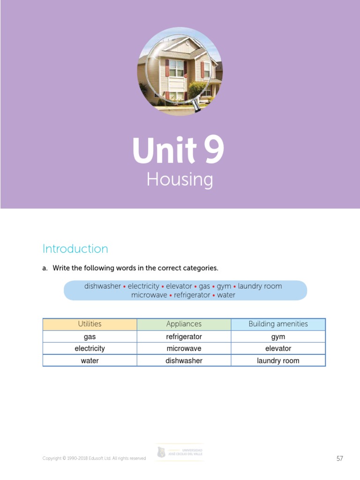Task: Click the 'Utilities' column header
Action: pyautogui.click(x=90, y=324)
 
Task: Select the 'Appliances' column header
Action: pyautogui.click(x=184, y=324)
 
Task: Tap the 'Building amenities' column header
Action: pyautogui.click(x=278, y=324)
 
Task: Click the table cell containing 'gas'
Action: pyautogui.click(x=90, y=337)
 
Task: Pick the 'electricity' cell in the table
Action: pyautogui.click(x=90, y=349)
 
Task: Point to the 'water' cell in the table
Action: pyautogui.click(x=90, y=361)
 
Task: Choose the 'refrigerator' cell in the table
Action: pyautogui.click(x=184, y=337)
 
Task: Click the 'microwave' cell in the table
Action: pyautogui.click(x=184, y=349)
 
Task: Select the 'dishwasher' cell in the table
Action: pyautogui.click(x=184, y=361)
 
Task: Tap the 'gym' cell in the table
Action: pyautogui.click(x=278, y=337)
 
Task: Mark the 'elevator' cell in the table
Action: pyautogui.click(x=278, y=349)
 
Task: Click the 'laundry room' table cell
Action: pyautogui.click(x=278, y=361)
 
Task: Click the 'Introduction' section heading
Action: pyautogui.click(x=75, y=248)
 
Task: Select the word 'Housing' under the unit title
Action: pyautogui.click(x=180, y=180)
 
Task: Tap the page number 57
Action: pyautogui.click(x=340, y=458)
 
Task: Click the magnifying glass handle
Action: pyautogui.click(x=197, y=107)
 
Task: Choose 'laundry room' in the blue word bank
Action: pyautogui.click(x=260, y=286)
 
